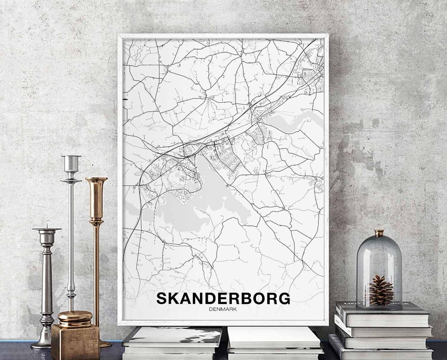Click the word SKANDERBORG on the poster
pos(223,298)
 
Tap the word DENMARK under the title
pos(223,309)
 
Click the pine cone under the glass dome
pos(381,290)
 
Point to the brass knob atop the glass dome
pos(379,233)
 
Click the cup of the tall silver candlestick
pos(71,163)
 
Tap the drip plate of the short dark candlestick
pos(47,229)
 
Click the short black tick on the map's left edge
pos(125,99)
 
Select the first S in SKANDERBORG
pos(162,298)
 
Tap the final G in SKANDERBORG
pos(284,298)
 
